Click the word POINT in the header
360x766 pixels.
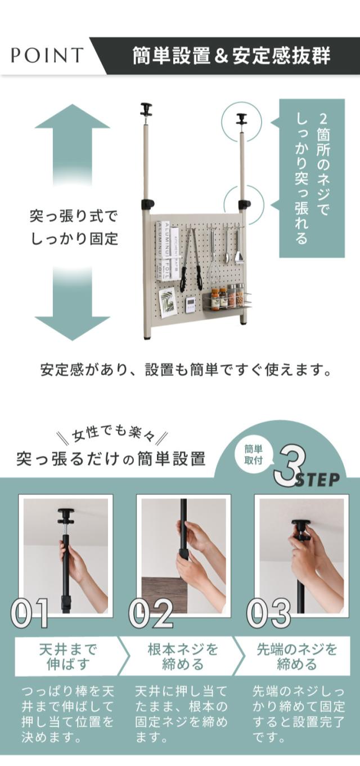click(x=47, y=55)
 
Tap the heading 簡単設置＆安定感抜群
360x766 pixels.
click(x=231, y=56)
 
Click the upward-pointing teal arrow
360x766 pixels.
click(x=72, y=144)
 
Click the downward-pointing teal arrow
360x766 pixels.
click(x=72, y=304)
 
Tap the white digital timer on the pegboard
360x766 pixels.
click(x=191, y=304)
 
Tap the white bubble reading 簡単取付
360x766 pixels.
click(x=253, y=455)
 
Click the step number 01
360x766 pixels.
click(x=29, y=612)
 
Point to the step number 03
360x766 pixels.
click(x=269, y=612)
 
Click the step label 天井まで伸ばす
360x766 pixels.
click(x=68, y=657)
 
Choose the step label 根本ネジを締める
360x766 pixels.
click(x=183, y=657)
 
